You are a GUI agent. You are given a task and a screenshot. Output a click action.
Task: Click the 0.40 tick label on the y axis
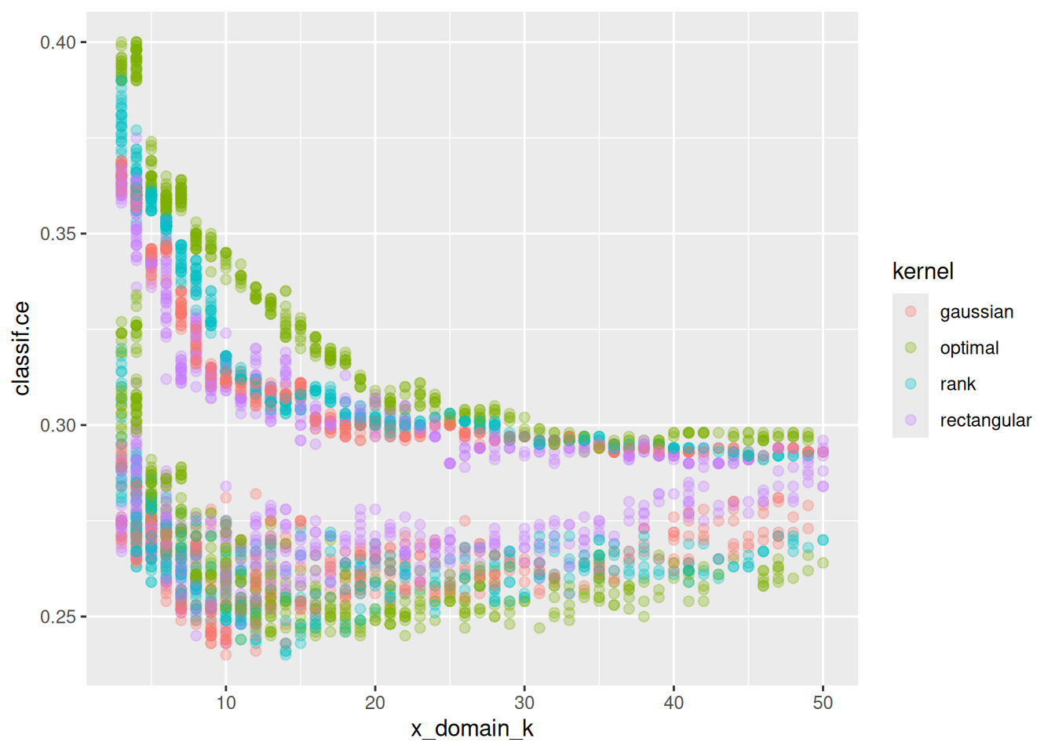pyautogui.click(x=58, y=42)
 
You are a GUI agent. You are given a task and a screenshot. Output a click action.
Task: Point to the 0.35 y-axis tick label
pyautogui.click(x=58, y=234)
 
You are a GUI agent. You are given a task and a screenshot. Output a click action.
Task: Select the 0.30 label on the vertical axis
pyautogui.click(x=58, y=425)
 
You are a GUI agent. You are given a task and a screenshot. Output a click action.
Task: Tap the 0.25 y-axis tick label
pyautogui.click(x=58, y=617)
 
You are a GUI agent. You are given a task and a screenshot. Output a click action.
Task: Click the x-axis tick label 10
pyautogui.click(x=226, y=703)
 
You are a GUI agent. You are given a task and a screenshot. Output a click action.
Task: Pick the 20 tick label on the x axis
pyautogui.click(x=375, y=703)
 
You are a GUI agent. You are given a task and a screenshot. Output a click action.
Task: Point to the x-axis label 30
pyautogui.click(x=524, y=703)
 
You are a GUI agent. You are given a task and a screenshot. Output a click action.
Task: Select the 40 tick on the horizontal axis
pyautogui.click(x=674, y=703)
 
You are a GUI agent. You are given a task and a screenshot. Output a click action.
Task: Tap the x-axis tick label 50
pyautogui.click(x=823, y=703)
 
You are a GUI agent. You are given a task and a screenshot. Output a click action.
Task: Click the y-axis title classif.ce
pyautogui.click(x=22, y=348)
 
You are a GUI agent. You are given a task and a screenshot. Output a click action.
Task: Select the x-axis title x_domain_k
pyautogui.click(x=472, y=729)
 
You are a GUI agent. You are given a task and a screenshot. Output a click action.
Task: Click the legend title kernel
pyautogui.click(x=922, y=271)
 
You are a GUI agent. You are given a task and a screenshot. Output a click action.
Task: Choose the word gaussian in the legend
pyautogui.click(x=977, y=312)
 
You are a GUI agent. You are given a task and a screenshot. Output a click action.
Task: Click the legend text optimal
pyautogui.click(x=969, y=348)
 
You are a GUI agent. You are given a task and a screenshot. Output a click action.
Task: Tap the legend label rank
pyautogui.click(x=958, y=384)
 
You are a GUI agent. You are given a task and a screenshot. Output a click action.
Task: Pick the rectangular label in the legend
pyautogui.click(x=985, y=420)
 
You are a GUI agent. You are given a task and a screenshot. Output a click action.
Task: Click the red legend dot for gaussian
pyautogui.click(x=911, y=311)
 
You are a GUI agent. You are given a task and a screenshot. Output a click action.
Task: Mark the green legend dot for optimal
pyautogui.click(x=911, y=347)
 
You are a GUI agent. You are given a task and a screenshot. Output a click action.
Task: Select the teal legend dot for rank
pyautogui.click(x=911, y=384)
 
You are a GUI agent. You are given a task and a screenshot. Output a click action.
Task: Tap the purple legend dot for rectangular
pyautogui.click(x=911, y=420)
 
